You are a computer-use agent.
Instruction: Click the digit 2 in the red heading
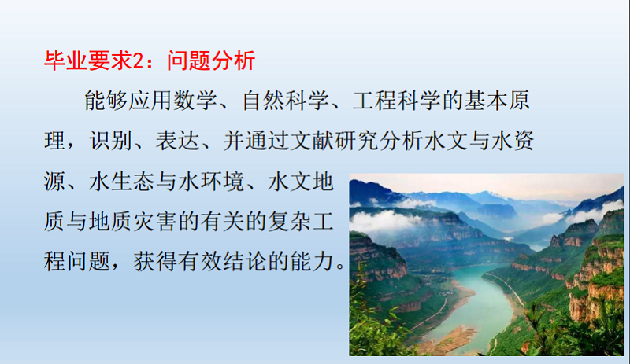(137, 61)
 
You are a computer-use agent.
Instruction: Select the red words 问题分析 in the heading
(211, 61)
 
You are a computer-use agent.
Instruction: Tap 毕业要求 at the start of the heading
(88, 61)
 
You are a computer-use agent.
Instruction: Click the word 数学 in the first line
(195, 101)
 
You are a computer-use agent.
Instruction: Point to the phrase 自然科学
(286, 101)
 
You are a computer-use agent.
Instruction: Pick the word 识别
(110, 141)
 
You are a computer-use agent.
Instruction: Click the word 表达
(177, 141)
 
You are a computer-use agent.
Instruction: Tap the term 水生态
(121, 182)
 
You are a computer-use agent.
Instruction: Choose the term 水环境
(211, 182)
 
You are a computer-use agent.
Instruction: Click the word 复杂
(289, 222)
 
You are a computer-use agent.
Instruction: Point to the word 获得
(154, 262)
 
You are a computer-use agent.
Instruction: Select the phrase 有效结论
(222, 262)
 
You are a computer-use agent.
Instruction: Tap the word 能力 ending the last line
(312, 262)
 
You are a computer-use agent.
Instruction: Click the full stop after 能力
(340, 267)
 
